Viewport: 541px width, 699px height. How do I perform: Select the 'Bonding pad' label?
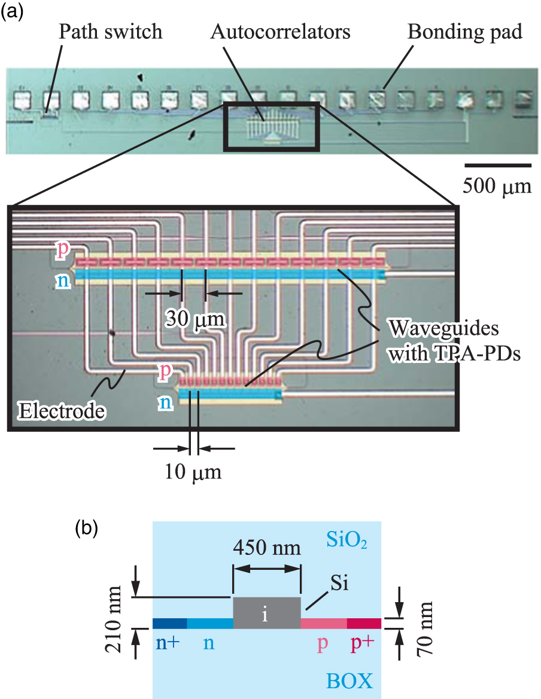(465, 32)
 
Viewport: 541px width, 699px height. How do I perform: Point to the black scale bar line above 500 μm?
(498, 164)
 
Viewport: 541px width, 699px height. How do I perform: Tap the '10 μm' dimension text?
(193, 472)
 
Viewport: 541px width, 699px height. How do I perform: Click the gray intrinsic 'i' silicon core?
(266, 613)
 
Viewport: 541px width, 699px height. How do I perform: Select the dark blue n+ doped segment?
(170, 624)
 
